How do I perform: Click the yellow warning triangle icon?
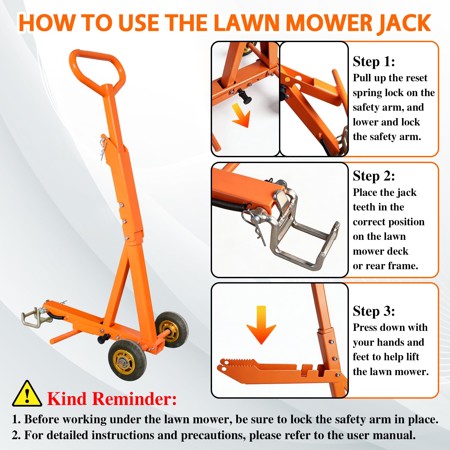click(x=27, y=394)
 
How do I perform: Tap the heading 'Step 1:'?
click(x=374, y=62)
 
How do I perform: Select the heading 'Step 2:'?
click(x=374, y=176)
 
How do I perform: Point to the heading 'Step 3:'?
click(x=374, y=311)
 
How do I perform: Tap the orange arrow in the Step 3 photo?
click(x=261, y=325)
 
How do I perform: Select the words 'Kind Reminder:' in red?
click(x=112, y=399)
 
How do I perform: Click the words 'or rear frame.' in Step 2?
click(x=385, y=266)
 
